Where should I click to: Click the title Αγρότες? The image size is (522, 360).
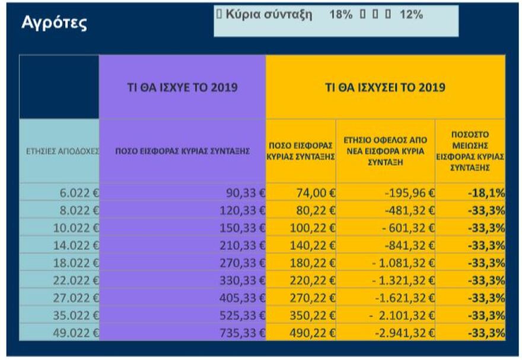tap(54, 23)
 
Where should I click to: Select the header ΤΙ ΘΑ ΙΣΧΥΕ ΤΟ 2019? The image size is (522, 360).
tap(183, 87)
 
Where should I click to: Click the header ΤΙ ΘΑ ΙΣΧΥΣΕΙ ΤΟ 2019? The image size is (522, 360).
tap(386, 87)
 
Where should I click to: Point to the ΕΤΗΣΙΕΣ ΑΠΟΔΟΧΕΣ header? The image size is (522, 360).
tap(59, 152)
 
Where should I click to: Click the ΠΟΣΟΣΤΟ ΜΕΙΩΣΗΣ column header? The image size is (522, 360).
tap(470, 151)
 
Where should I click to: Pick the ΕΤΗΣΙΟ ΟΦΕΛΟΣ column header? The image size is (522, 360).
tap(385, 151)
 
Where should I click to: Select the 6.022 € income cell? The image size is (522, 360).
tap(78, 192)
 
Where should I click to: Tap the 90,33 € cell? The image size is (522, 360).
tap(243, 192)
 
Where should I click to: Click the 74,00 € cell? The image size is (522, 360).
tap(309, 192)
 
